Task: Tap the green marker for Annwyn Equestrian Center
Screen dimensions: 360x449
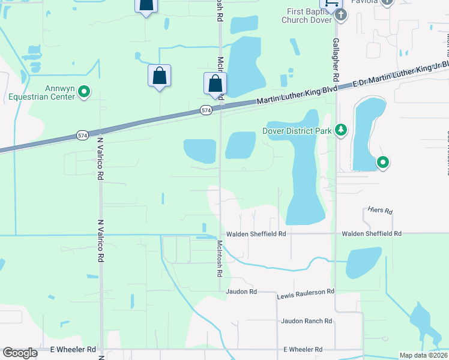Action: (85, 92)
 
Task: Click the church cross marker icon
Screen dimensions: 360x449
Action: (340, 15)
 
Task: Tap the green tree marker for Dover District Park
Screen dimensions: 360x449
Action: (341, 130)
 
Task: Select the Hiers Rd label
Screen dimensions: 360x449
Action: (380, 211)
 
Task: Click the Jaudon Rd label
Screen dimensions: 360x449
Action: (241, 292)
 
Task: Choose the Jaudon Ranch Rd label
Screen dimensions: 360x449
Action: (306, 321)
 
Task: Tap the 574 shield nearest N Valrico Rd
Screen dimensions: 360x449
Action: (82, 136)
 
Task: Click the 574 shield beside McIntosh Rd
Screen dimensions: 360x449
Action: (205, 110)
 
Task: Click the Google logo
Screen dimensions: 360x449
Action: (20, 353)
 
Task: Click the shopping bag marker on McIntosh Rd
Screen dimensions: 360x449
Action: (215, 84)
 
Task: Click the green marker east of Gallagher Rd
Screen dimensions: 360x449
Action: (382, 162)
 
